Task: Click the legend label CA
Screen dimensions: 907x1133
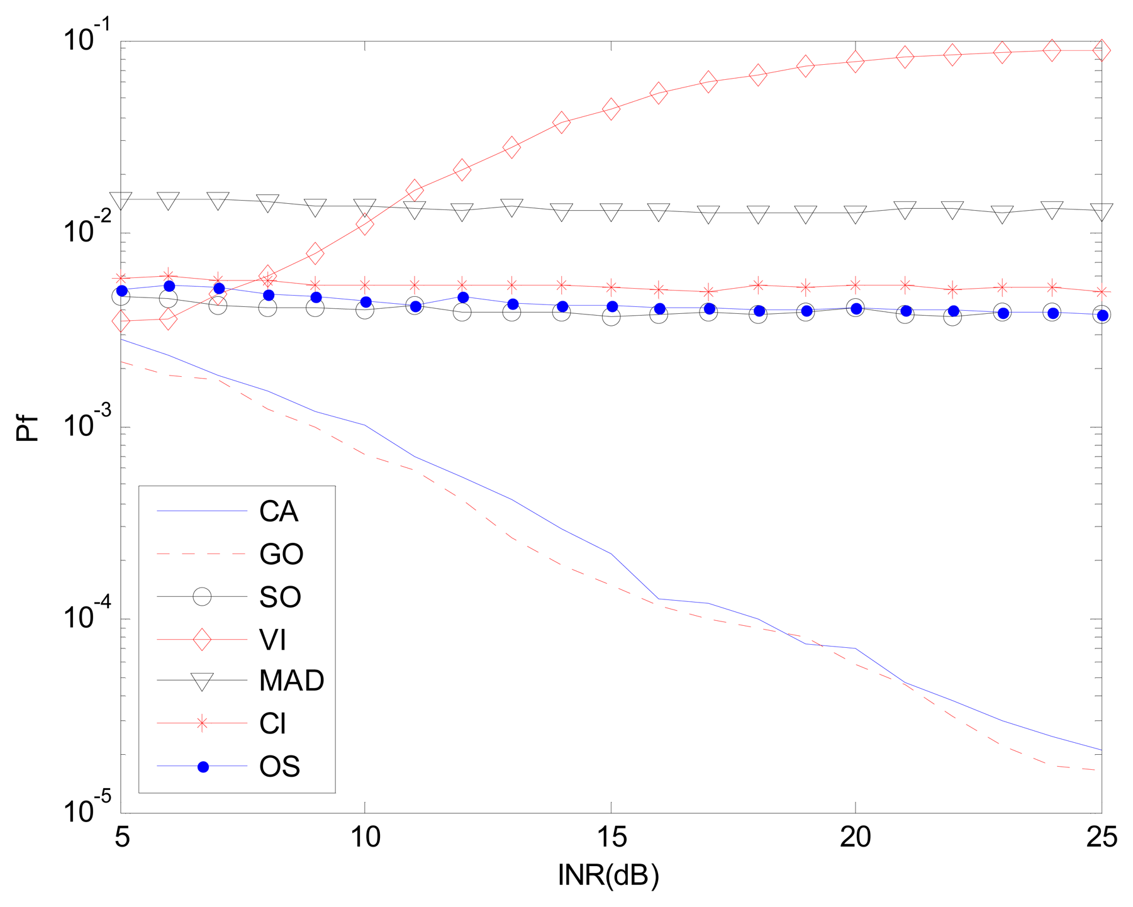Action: click(x=278, y=512)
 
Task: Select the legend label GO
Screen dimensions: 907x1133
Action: click(x=281, y=554)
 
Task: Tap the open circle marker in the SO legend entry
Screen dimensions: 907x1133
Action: click(x=202, y=596)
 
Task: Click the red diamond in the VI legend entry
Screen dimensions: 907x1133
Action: click(x=202, y=640)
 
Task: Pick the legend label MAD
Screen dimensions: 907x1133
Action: click(x=291, y=681)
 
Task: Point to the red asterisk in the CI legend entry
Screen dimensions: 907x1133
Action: click(x=202, y=724)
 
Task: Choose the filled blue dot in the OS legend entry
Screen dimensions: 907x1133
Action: click(x=203, y=767)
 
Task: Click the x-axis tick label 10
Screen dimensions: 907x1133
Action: click(x=365, y=837)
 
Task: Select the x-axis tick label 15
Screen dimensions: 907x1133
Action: click(x=611, y=837)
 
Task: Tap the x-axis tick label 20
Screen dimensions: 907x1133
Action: click(x=856, y=837)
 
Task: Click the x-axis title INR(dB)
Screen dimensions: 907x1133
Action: click(x=608, y=875)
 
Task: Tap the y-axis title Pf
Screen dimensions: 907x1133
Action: click(x=28, y=428)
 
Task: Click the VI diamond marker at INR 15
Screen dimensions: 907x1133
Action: click(x=611, y=109)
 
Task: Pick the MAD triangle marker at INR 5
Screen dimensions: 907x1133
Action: click(x=121, y=201)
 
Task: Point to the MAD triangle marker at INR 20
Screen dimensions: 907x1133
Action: click(x=856, y=214)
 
